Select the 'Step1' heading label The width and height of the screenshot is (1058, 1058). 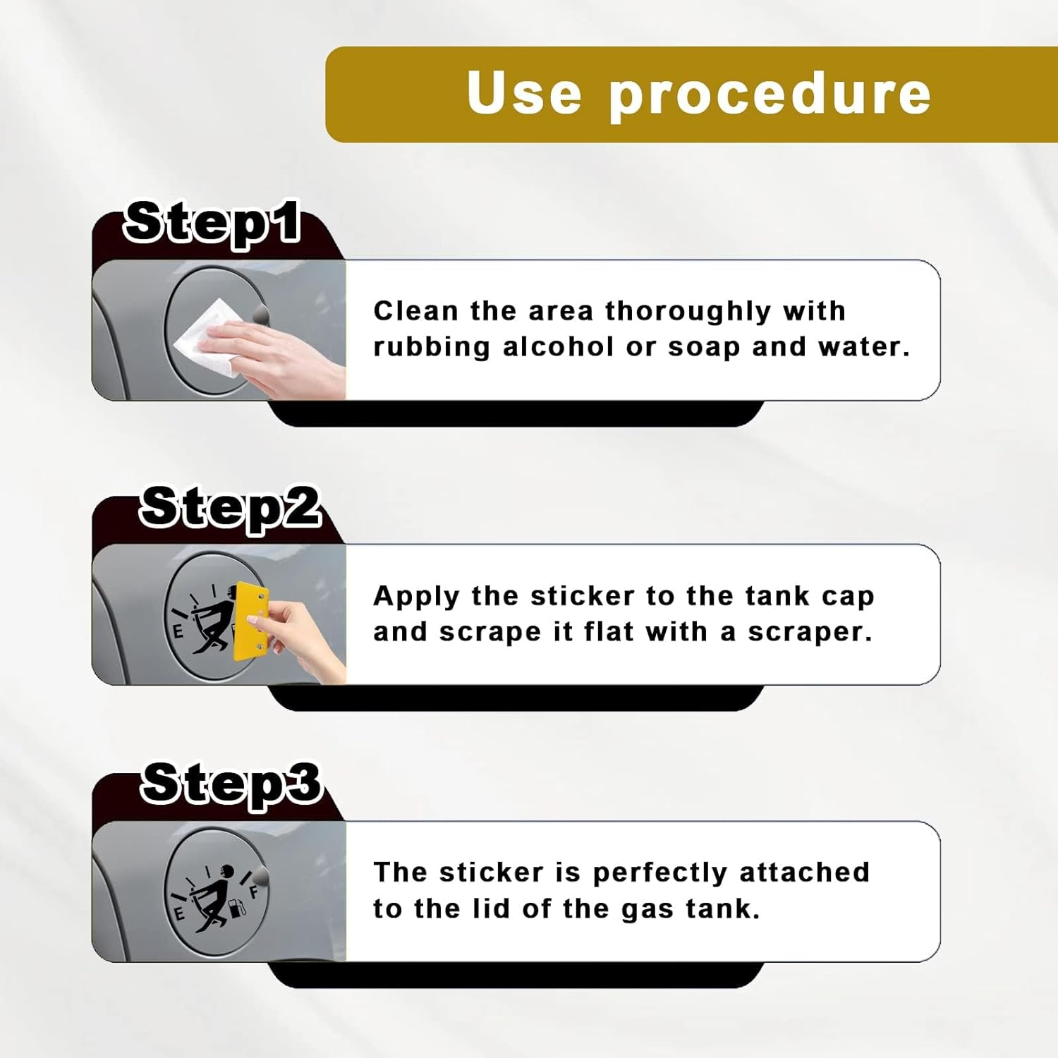(212, 223)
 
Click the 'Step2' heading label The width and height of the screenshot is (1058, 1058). (230, 508)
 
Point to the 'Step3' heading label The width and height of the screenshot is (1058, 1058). (231, 784)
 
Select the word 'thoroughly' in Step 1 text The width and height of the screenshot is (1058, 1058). (688, 312)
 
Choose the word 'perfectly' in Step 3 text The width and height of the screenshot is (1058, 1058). (659, 874)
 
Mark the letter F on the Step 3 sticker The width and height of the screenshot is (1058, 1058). (254, 891)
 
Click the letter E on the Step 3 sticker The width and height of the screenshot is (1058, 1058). (179, 914)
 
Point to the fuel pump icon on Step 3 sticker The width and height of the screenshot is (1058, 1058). (238, 908)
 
